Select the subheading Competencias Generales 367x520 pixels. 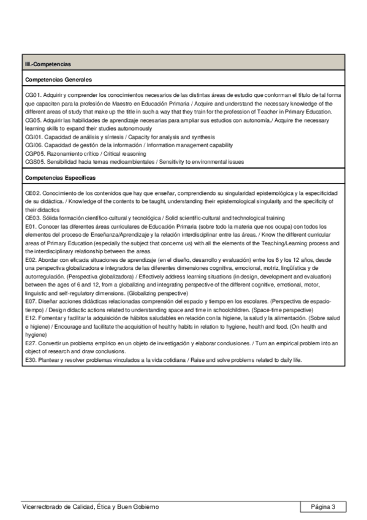coord(58,80)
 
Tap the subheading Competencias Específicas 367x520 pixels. coord(60,177)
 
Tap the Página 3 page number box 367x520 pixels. coord(323,507)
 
